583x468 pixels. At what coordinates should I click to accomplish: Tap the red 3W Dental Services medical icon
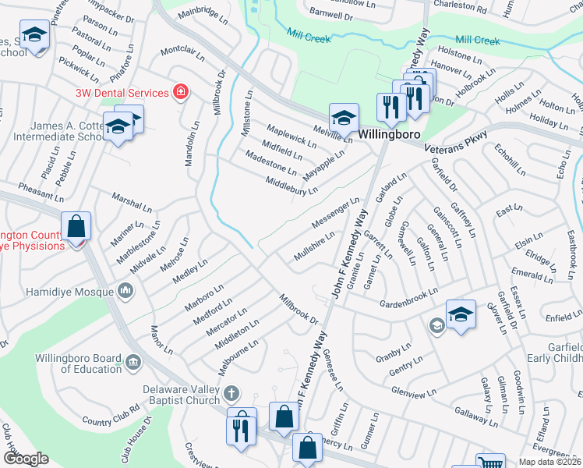pos(181,93)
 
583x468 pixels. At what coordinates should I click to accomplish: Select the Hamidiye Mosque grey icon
pos(126,292)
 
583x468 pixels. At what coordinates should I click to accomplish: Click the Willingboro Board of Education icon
pos(133,361)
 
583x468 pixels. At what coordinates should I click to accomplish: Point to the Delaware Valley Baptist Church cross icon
pos(230,392)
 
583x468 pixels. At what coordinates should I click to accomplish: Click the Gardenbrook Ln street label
pos(408,300)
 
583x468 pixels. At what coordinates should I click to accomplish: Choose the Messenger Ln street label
pos(336,213)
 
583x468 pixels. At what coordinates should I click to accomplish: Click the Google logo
pos(26,458)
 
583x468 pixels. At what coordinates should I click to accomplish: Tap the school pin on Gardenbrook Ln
pos(461,314)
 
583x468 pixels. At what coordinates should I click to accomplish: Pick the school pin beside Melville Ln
pos(344,118)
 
